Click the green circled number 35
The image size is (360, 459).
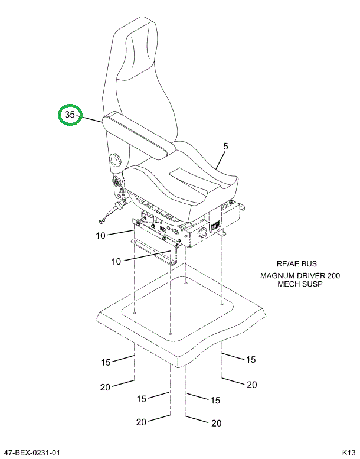coord(70,116)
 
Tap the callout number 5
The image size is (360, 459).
coord(225,146)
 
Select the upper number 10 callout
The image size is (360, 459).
coord(100,236)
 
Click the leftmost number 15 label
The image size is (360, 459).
coord(106,362)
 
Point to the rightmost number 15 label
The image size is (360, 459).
coord(250,359)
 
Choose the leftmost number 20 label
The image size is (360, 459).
coord(105,387)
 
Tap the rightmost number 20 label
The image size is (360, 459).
coord(252,385)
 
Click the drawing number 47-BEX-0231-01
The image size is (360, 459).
coord(32,453)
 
